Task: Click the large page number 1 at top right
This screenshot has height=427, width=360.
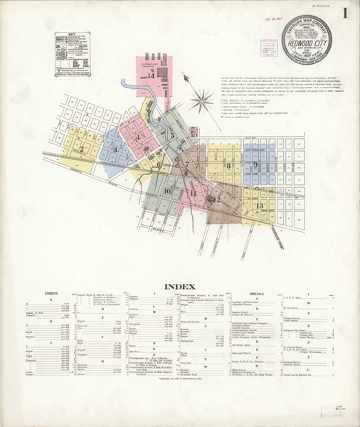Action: click(344, 14)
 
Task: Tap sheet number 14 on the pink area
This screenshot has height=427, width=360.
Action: click(150, 75)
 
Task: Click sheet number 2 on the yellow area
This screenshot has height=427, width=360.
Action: click(82, 149)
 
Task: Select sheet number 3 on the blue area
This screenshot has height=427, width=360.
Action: click(115, 149)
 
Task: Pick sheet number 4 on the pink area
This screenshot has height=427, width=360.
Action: click(139, 137)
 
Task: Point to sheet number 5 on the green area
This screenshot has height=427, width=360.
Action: click(172, 133)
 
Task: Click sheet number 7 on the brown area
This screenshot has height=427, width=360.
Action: click(187, 165)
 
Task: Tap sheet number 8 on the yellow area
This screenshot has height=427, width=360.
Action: click(228, 166)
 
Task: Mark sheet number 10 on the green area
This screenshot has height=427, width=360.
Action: click(167, 191)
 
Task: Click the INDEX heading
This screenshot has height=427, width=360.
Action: click(180, 287)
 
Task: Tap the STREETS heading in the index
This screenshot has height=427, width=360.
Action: click(51, 294)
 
